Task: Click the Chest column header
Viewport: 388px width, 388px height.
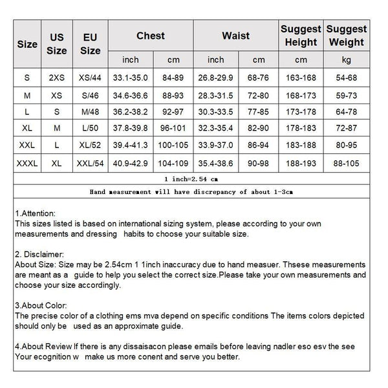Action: [x=151, y=36]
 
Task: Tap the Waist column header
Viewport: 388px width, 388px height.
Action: [x=235, y=36]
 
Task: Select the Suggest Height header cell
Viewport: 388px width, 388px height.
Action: [x=301, y=36]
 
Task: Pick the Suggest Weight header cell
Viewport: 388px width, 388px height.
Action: [x=346, y=36]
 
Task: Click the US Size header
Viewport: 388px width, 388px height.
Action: [x=58, y=44]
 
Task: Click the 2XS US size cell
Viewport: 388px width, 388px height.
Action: [x=58, y=78]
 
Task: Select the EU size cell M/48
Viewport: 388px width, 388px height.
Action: [x=91, y=112]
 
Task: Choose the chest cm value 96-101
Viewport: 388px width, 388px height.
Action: [x=173, y=129]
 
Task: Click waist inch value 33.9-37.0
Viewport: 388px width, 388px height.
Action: [x=216, y=146]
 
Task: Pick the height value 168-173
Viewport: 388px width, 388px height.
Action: [x=301, y=95]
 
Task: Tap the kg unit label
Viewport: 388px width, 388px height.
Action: [x=346, y=60]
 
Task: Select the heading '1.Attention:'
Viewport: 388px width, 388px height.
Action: [x=35, y=213]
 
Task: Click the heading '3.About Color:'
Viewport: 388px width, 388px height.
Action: [x=40, y=305]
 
